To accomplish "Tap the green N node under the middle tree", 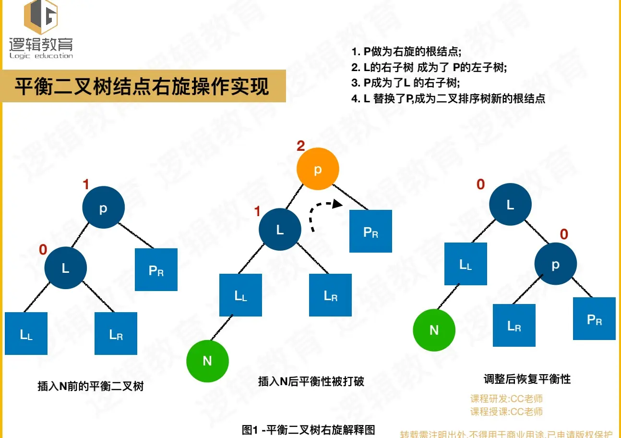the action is click(207, 361).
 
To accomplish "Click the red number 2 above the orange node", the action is click(301, 146).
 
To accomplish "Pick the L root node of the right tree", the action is click(510, 205).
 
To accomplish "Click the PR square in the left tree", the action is click(156, 269).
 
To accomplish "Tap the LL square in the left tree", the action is click(26, 334).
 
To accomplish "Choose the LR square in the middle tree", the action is click(330, 295).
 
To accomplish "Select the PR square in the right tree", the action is click(594, 319).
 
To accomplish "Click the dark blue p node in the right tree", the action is click(556, 265).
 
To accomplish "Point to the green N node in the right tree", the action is click(434, 330).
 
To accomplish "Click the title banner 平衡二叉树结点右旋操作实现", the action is click(142, 87).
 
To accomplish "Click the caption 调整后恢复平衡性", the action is click(527, 379).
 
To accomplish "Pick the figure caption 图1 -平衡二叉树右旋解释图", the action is click(308, 430).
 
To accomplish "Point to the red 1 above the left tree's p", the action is click(86, 184).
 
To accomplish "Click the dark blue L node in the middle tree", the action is click(280, 230).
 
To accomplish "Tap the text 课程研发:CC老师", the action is click(506, 399).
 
